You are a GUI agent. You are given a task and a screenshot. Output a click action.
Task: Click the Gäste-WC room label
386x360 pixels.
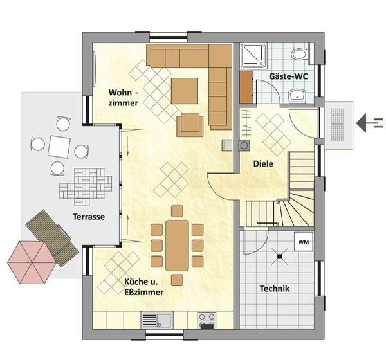(288, 76)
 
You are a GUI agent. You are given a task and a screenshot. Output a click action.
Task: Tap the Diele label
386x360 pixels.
(263, 164)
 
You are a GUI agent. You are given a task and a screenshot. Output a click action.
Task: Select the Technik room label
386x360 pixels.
(275, 289)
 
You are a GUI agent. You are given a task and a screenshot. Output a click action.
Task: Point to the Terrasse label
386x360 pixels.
(89, 217)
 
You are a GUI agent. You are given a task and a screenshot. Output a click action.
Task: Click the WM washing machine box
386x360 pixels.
(304, 242)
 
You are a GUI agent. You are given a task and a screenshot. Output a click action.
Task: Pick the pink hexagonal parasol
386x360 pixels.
(32, 262)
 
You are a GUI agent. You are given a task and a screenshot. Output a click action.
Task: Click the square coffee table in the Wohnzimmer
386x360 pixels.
(184, 91)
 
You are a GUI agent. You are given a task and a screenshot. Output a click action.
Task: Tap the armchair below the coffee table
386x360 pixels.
(190, 125)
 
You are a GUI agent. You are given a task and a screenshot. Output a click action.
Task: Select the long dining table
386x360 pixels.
(177, 246)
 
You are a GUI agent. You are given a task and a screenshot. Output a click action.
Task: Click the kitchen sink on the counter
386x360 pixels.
(157, 320)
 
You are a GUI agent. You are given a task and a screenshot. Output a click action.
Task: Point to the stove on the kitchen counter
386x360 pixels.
(207, 320)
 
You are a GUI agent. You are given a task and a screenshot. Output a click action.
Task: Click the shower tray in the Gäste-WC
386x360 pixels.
(253, 56)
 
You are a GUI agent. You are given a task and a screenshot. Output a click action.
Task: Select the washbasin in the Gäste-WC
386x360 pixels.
(297, 96)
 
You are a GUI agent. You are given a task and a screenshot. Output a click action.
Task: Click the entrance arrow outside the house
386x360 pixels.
(369, 123)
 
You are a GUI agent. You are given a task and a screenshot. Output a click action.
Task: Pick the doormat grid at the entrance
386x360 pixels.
(337, 125)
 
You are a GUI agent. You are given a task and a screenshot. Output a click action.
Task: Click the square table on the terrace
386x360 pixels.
(59, 147)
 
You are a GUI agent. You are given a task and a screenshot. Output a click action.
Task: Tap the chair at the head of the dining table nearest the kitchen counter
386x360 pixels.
(177, 280)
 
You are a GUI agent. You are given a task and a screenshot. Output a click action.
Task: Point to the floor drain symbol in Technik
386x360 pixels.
(280, 256)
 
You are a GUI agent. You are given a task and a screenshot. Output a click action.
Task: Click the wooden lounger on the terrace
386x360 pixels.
(52, 238)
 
